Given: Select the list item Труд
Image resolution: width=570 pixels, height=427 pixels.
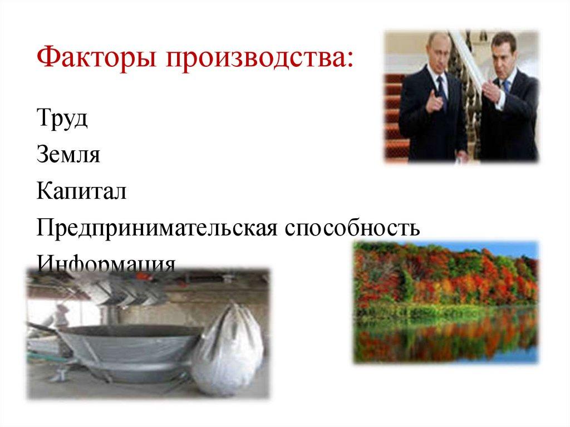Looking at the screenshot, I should point(62,120).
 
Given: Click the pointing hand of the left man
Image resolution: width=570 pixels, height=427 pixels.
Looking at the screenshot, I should point(436,103).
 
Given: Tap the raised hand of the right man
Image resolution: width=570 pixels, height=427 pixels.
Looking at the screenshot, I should point(490,89).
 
